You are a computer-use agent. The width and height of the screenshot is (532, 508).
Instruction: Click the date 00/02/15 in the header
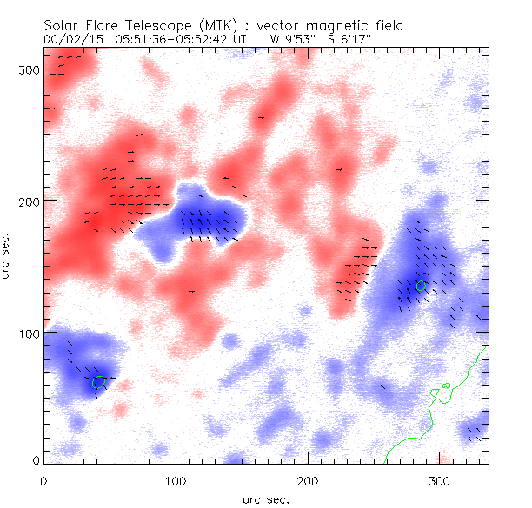pyautogui.click(x=68, y=39)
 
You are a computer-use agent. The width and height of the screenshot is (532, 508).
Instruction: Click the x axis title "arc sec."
pyautogui.click(x=267, y=499)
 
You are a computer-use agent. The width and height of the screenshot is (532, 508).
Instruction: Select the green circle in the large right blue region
pyautogui.click(x=422, y=286)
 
